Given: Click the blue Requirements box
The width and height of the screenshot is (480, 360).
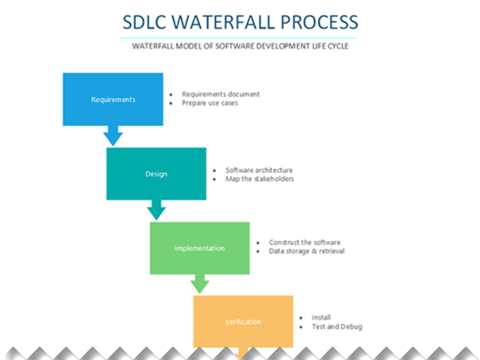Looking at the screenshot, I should click(114, 99).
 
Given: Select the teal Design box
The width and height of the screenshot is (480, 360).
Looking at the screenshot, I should click(156, 173).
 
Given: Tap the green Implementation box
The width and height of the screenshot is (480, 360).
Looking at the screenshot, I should click(199, 248).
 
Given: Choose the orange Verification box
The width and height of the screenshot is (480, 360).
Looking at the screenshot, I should click(243, 321).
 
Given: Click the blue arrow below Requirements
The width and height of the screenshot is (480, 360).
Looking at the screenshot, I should click(113, 135).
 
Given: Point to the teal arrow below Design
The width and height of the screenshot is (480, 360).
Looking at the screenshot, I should click(156, 209).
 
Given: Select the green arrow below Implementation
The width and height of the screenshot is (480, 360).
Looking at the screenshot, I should click(199, 283).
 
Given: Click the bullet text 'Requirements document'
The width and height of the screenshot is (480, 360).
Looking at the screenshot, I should click(221, 94).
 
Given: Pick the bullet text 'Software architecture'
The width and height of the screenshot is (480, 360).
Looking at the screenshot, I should click(259, 169).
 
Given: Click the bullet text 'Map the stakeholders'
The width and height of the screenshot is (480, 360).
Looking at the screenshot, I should click(259, 179).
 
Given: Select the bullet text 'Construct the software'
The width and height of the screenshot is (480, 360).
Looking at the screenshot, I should click(304, 242).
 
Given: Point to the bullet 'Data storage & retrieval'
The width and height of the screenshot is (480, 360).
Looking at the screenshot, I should click(306, 251).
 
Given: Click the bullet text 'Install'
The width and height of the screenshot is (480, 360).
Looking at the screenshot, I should click(322, 317).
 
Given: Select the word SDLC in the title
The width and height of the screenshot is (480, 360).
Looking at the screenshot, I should click(146, 20).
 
